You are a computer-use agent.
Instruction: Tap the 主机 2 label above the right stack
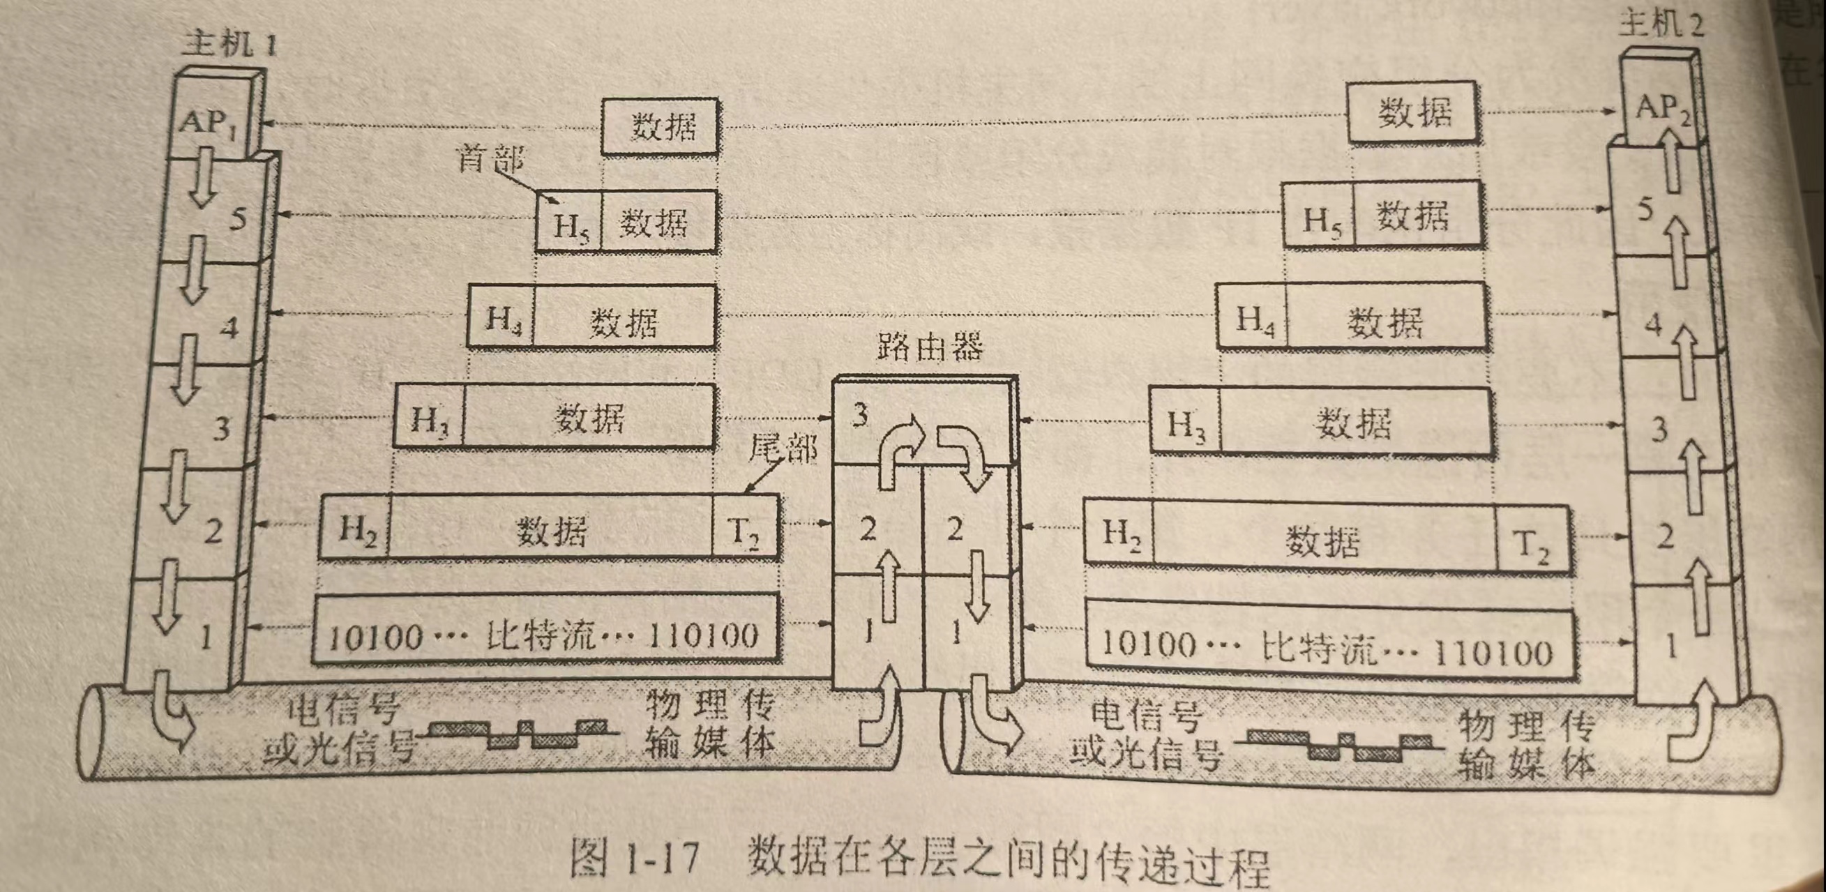click(x=1661, y=26)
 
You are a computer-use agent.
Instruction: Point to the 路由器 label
click(x=929, y=347)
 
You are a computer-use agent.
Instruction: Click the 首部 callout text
click(x=490, y=159)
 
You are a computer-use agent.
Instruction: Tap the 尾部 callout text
click(x=783, y=448)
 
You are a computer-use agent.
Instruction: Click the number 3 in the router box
click(x=860, y=414)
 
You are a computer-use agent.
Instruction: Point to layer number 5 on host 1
click(x=238, y=218)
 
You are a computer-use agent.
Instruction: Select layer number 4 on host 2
click(x=1652, y=324)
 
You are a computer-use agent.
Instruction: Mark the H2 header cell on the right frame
click(x=1120, y=535)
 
